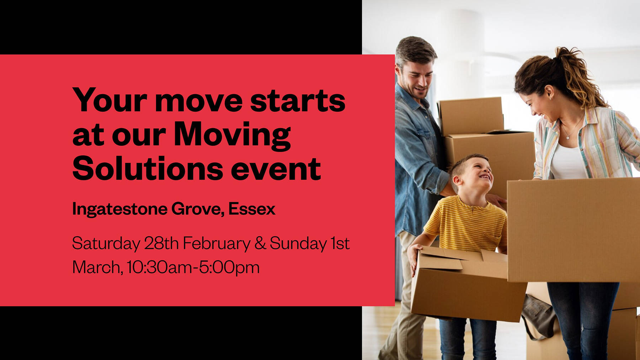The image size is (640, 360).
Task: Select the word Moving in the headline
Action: point(232,135)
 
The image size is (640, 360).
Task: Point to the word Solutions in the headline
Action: point(148,169)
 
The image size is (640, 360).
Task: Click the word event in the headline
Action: point(276,169)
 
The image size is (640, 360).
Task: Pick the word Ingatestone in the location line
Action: point(119,209)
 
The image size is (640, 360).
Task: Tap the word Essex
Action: point(252,209)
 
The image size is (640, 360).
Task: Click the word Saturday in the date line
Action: point(106,244)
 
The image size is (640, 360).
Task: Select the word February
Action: point(217,244)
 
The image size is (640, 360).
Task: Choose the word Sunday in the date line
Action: point(298,244)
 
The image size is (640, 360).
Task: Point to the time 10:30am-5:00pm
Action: point(193,268)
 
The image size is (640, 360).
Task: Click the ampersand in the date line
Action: point(260,243)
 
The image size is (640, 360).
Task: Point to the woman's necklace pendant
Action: point(568,137)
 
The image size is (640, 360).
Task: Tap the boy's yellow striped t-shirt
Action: point(466,224)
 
